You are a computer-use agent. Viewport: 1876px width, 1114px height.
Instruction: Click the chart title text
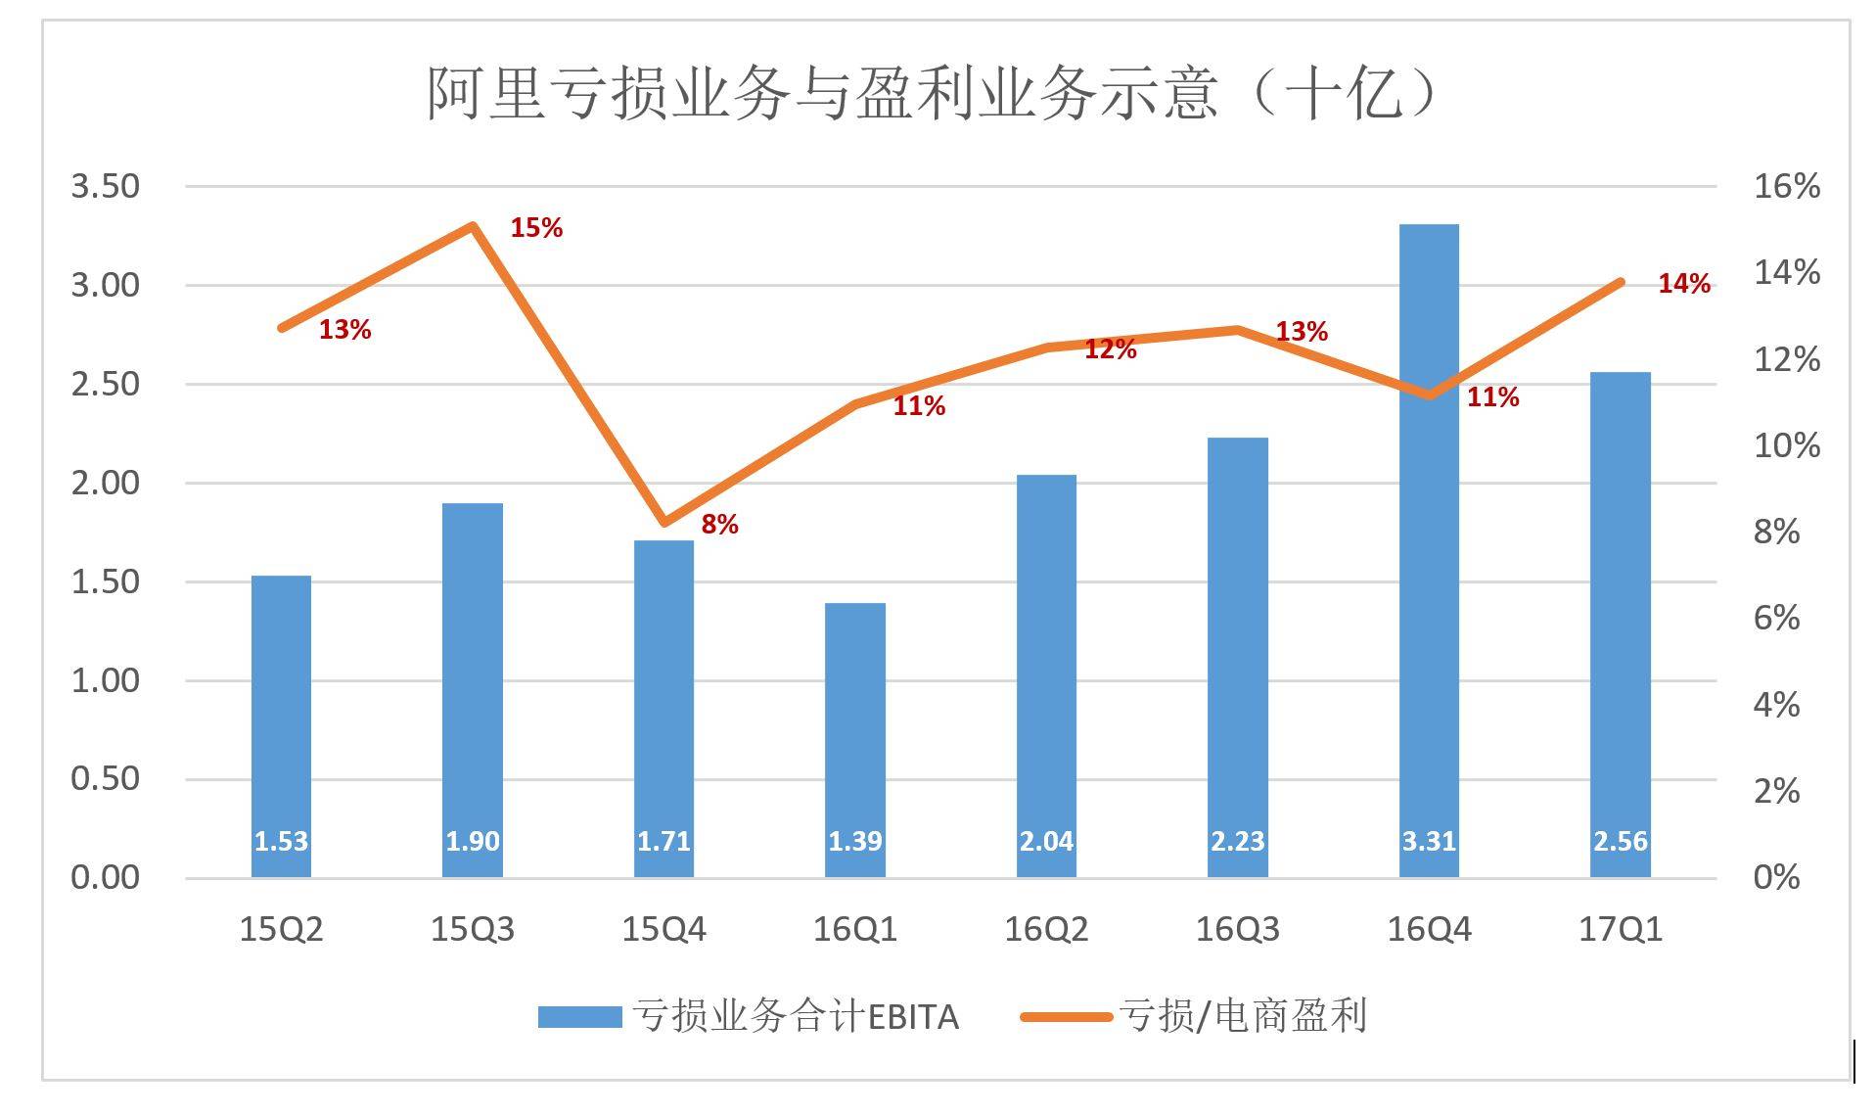(x=935, y=94)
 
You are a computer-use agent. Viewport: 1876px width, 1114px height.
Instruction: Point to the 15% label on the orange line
(x=536, y=228)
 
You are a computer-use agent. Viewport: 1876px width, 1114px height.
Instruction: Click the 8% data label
(x=719, y=525)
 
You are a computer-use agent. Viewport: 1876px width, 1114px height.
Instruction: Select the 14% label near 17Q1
(x=1683, y=284)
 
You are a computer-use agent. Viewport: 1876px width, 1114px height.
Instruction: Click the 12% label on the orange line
(x=1110, y=349)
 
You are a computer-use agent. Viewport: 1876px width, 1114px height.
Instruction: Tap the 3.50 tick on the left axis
(x=105, y=186)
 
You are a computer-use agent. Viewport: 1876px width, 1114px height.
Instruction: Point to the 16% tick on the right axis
(x=1786, y=186)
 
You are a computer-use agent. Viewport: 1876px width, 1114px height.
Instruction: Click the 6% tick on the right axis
(x=1776, y=618)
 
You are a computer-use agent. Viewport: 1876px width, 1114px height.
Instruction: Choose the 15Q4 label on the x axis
(x=663, y=929)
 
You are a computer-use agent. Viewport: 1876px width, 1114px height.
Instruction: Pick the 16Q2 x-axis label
(x=1046, y=929)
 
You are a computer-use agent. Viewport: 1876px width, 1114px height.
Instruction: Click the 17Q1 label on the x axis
(x=1620, y=929)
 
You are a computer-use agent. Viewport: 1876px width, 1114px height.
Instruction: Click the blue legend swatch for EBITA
(x=579, y=1017)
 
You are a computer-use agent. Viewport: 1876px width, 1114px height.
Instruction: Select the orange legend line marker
(x=1066, y=1017)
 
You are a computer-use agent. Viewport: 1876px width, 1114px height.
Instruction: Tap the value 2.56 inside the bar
(x=1620, y=841)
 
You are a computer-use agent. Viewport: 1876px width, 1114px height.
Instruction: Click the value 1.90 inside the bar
(x=473, y=841)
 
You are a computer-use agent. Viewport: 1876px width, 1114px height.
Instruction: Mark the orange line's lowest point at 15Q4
(x=664, y=523)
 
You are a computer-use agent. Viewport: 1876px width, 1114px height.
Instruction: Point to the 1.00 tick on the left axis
(x=105, y=680)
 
